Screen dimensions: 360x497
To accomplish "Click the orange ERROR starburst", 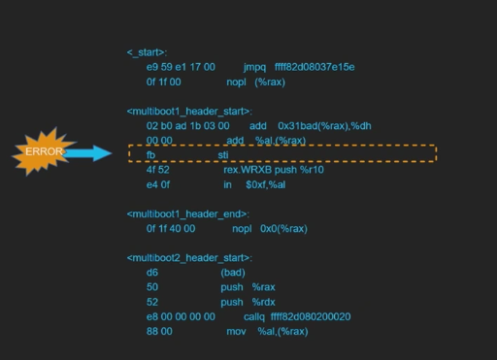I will pos(44,151).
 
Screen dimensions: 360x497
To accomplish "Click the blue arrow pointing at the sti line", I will pos(92,153).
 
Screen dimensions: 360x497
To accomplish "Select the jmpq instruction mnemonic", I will pos(255,67).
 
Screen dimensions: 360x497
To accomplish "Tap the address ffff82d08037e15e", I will pos(315,67).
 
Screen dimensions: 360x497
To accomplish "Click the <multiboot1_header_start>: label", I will pos(189,112).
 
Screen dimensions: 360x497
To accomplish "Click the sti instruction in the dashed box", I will pos(223,154).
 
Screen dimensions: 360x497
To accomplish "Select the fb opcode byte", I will pos(150,154).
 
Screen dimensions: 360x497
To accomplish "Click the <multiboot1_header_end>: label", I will pos(187,213).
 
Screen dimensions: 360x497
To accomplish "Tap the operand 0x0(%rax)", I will pos(283,229).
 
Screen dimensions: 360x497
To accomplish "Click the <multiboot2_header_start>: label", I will pos(189,258).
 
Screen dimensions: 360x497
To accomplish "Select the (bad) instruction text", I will pos(233,273).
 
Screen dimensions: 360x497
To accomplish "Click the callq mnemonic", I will pos(254,316).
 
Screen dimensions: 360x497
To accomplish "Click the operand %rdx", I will pos(264,302).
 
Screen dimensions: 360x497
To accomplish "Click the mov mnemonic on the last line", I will pos(237,331).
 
